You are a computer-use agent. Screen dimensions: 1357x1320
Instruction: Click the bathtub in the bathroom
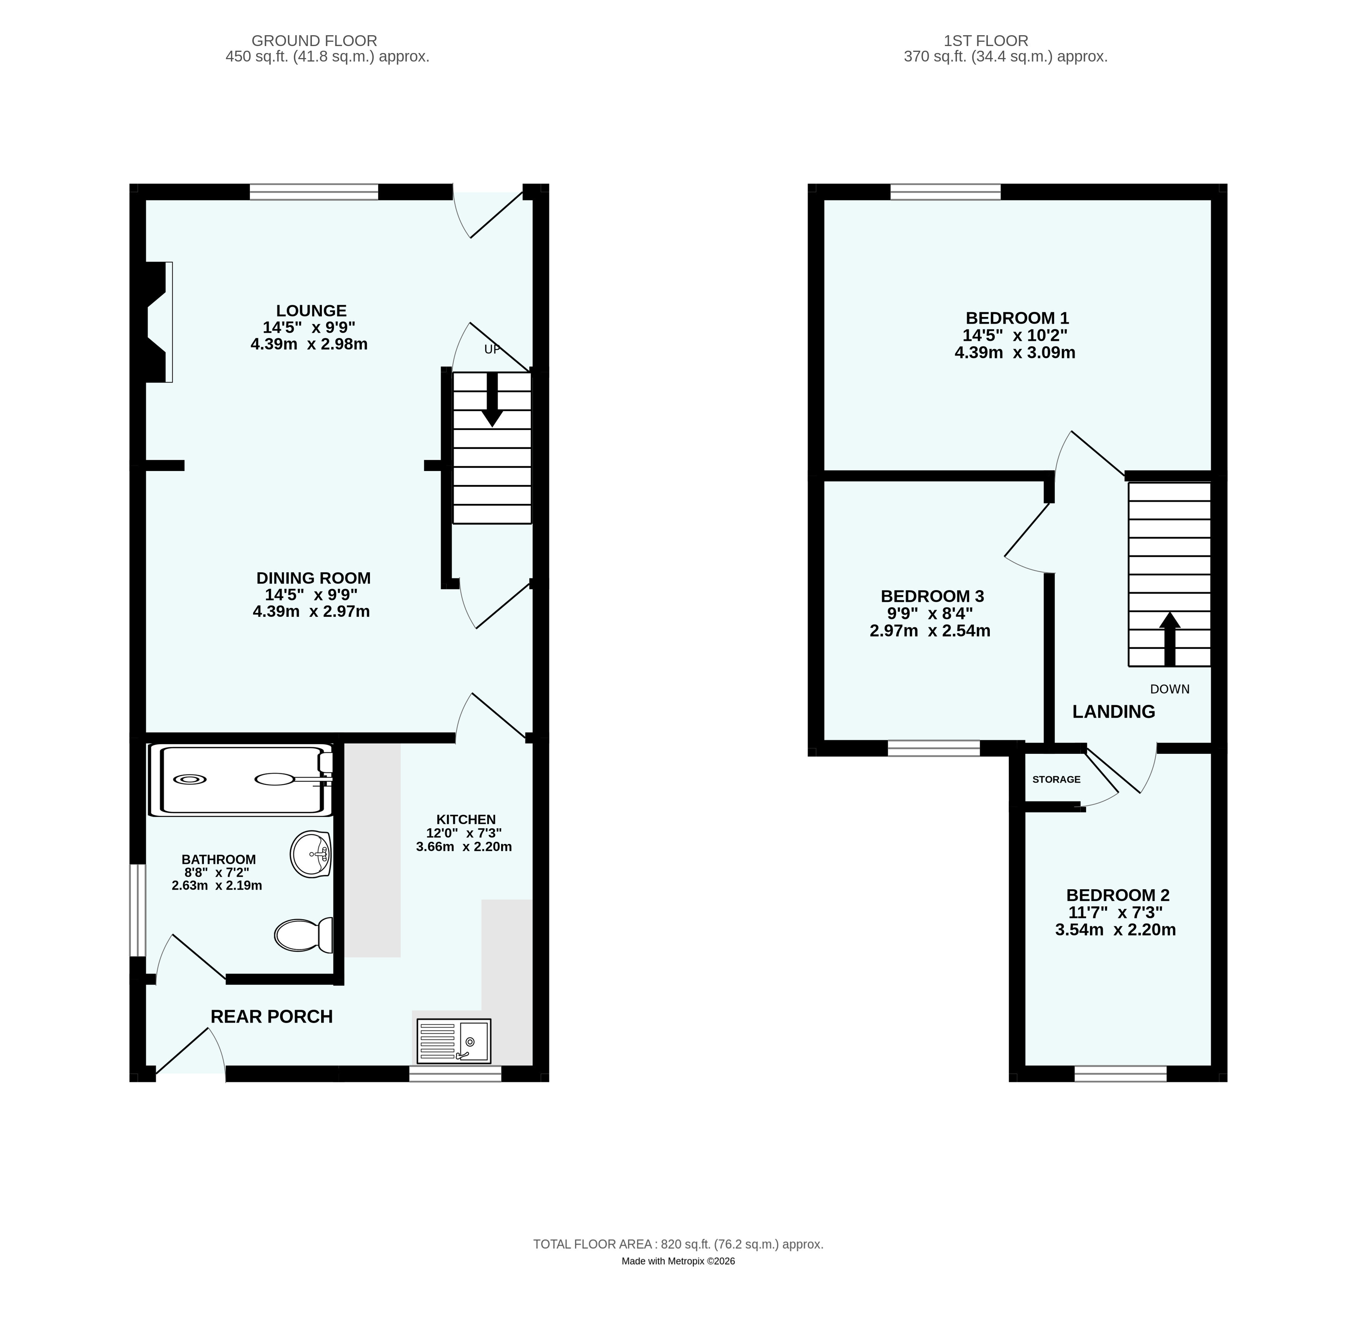pyautogui.click(x=241, y=780)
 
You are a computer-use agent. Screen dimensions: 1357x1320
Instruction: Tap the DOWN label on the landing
pyautogui.click(x=1170, y=689)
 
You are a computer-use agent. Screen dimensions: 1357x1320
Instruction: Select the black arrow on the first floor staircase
pyautogui.click(x=1170, y=639)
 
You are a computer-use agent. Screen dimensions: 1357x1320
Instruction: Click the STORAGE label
pyautogui.click(x=1056, y=779)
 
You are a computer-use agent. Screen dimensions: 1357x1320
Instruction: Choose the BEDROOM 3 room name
pyautogui.click(x=932, y=596)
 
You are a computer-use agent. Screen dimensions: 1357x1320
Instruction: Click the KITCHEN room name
pyautogui.click(x=466, y=820)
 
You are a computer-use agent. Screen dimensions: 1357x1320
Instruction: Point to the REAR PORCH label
pyautogui.click(x=272, y=1016)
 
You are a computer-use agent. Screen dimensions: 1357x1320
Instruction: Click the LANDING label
pyautogui.click(x=1114, y=711)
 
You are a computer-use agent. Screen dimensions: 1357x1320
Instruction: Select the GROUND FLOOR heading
pyautogui.click(x=314, y=41)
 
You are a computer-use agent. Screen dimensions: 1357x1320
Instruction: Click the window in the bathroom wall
pyautogui.click(x=139, y=910)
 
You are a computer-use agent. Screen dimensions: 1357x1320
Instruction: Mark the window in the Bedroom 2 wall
pyautogui.click(x=1121, y=1074)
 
